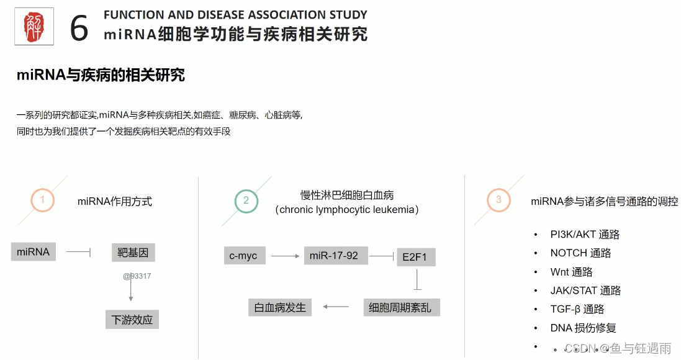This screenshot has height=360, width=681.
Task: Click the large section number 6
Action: (79, 28)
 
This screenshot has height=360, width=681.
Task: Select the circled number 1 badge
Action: (42, 200)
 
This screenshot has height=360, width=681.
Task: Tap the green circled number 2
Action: (246, 200)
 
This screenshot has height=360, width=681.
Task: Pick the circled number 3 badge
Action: (498, 200)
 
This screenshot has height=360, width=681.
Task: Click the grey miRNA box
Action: (33, 252)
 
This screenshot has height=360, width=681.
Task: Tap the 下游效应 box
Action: (132, 320)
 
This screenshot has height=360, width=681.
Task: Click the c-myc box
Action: (243, 255)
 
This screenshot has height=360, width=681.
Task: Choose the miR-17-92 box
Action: (336, 255)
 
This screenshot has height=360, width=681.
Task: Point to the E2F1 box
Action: (415, 256)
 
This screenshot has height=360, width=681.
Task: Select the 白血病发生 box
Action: (280, 307)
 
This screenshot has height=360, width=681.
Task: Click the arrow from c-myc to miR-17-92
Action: (286, 255)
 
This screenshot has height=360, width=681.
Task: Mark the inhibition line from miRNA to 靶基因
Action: (79, 252)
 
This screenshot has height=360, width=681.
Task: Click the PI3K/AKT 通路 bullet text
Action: (585, 235)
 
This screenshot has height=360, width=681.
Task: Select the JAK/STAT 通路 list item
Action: (585, 290)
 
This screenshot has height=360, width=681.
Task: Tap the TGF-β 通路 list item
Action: (577, 309)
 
